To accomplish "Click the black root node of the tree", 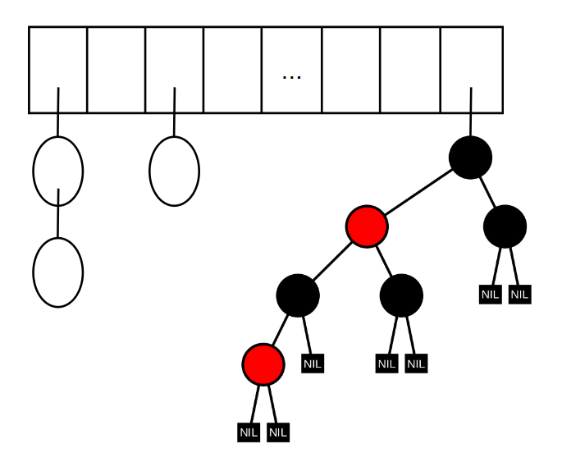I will point(470,158).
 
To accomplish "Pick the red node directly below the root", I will point(367,226).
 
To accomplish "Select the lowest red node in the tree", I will point(263,364).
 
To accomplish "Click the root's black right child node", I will point(505,226).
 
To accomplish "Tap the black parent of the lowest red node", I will point(298,295).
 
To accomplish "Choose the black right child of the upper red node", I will point(401,295).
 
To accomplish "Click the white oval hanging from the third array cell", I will point(174,171).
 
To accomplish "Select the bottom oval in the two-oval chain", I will point(57,272).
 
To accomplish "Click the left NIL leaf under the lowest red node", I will point(249,432).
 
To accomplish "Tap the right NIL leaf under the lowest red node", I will point(278,432).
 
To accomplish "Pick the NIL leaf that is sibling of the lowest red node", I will point(313,364).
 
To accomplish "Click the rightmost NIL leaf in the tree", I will point(519,295).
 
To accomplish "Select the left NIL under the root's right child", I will point(490,295).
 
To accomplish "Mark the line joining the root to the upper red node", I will point(418,192).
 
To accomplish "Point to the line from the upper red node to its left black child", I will point(332,261).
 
